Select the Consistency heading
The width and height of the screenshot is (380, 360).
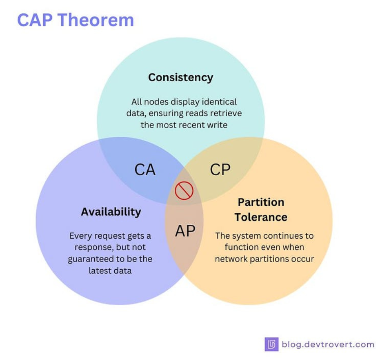(180, 77)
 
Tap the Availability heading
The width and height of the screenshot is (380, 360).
(111, 211)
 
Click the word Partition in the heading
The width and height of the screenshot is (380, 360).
(261, 202)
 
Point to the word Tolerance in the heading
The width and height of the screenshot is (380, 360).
(261, 217)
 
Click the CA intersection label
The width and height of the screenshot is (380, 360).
(145, 169)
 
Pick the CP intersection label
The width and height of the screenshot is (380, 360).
(220, 169)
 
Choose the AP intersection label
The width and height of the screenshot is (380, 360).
(185, 231)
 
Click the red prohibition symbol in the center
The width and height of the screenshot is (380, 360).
(184, 190)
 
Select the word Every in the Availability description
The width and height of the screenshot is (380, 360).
(80, 236)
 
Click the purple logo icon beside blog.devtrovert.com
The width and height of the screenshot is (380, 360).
(271, 344)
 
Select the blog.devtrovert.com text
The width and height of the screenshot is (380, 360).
(328, 344)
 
